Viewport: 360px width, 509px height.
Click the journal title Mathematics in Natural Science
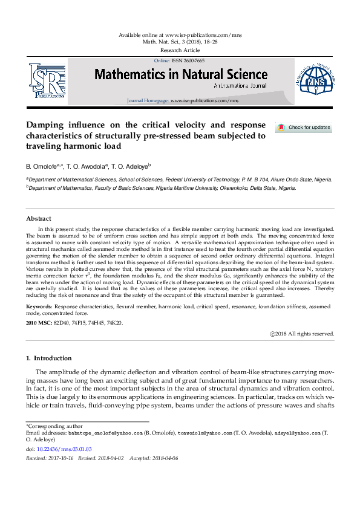pyautogui.click(x=180, y=74)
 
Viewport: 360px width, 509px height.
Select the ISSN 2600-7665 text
pyautogui.click(x=192, y=61)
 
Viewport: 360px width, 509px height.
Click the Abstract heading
pyautogui.click(x=39, y=218)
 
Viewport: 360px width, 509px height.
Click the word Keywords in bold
pyautogui.click(x=39, y=307)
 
